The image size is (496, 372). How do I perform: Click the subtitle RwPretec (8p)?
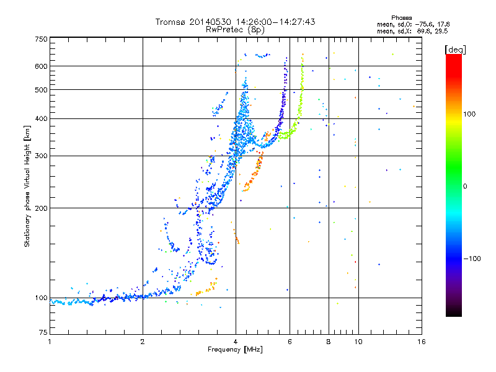[235, 30]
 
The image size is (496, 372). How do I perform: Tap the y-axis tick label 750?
[41, 39]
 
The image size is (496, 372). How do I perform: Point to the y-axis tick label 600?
[41, 66]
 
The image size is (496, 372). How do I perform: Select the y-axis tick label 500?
[41, 90]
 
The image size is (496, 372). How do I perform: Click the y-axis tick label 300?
[41, 156]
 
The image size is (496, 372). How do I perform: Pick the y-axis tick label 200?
[41, 208]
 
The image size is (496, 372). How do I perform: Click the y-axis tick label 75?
[43, 332]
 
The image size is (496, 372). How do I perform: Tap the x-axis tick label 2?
[143, 342]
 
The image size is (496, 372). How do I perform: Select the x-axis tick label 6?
[290, 342]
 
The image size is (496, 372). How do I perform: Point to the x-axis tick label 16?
[422, 342]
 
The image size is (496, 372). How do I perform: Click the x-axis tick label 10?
[358, 342]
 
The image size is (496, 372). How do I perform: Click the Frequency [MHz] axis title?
[235, 350]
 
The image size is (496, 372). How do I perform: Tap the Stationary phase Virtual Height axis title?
[27, 187]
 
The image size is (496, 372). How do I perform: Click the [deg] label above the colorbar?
[455, 50]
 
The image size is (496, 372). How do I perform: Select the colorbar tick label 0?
[465, 187]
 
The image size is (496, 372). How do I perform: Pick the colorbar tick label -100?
[472, 259]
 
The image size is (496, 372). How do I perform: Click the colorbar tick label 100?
[469, 114]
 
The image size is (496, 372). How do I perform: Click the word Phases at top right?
[401, 18]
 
